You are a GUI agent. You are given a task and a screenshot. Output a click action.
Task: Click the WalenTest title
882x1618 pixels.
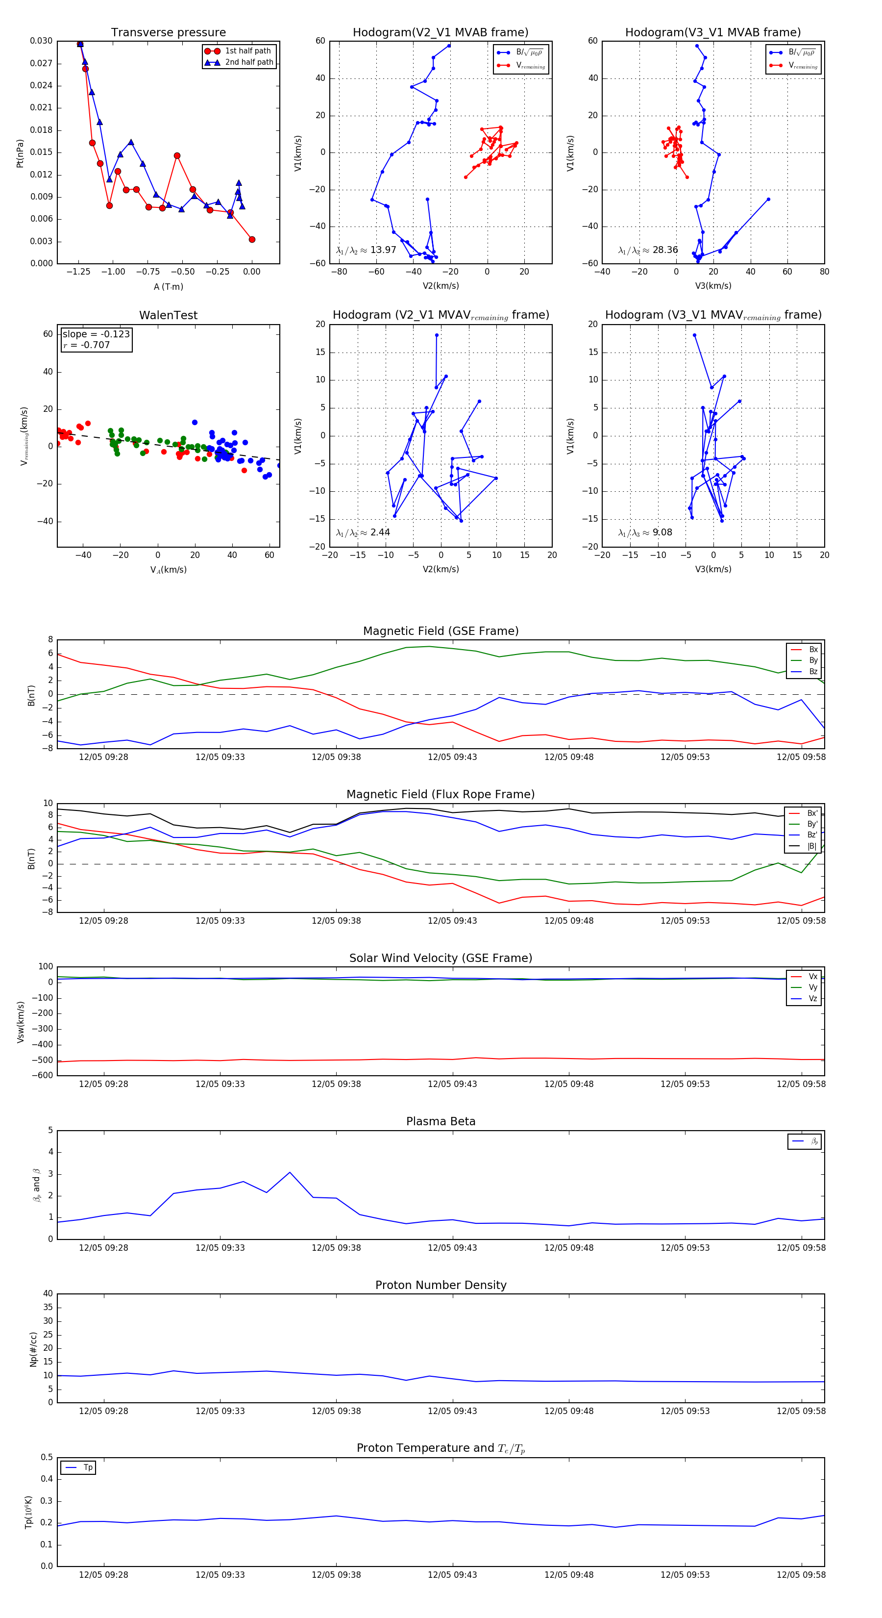point(168,315)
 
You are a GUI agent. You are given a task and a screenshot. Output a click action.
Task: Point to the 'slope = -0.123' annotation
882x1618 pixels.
point(96,334)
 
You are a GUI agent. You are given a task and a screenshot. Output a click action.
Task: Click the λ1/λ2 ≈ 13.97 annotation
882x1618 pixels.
point(366,250)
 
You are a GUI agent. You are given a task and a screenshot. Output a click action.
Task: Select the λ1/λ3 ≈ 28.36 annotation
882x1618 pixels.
point(648,250)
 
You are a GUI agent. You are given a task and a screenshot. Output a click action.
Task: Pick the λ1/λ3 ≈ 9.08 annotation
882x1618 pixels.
point(645,532)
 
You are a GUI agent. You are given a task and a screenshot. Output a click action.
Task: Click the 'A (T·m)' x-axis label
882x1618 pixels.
point(168,286)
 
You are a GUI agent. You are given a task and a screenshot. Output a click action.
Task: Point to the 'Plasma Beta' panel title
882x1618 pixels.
point(441,1121)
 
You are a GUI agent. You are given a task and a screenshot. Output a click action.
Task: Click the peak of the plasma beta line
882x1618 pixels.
point(290,1173)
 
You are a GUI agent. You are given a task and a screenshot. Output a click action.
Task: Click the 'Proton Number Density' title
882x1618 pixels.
point(441,1285)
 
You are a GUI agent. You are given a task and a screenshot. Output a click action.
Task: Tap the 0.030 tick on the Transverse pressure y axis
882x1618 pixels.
point(42,41)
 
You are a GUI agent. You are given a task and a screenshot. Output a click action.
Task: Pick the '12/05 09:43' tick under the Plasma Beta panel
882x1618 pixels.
point(452,1247)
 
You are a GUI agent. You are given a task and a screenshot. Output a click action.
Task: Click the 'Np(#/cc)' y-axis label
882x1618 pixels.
point(33,1349)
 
